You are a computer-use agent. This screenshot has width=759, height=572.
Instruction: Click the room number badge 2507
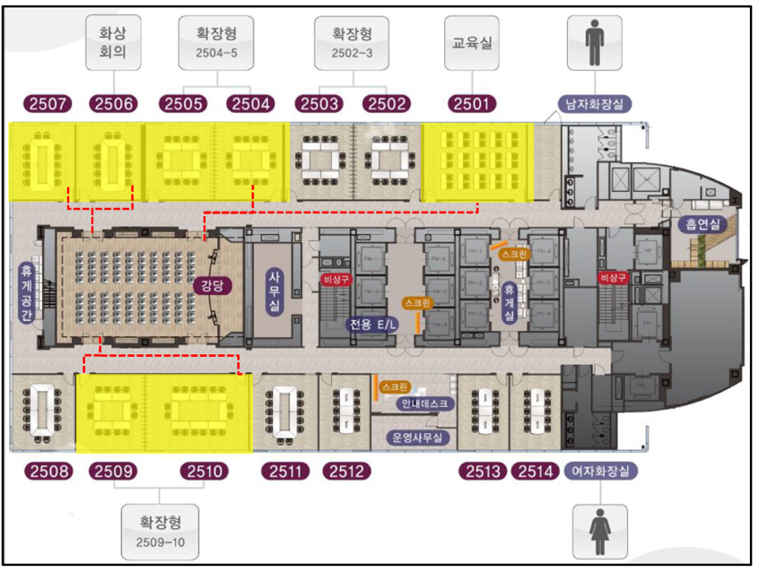[x=50, y=103]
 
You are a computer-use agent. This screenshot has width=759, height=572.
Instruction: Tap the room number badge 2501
[x=471, y=103]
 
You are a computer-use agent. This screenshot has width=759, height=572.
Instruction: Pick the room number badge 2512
[x=344, y=470]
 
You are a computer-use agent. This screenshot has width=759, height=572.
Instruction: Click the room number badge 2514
[x=535, y=470]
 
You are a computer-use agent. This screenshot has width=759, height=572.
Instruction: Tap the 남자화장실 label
[x=596, y=103]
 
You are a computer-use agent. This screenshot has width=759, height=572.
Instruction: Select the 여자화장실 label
[x=600, y=470]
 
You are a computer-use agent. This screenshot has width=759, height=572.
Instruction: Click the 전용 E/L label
[x=372, y=323]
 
